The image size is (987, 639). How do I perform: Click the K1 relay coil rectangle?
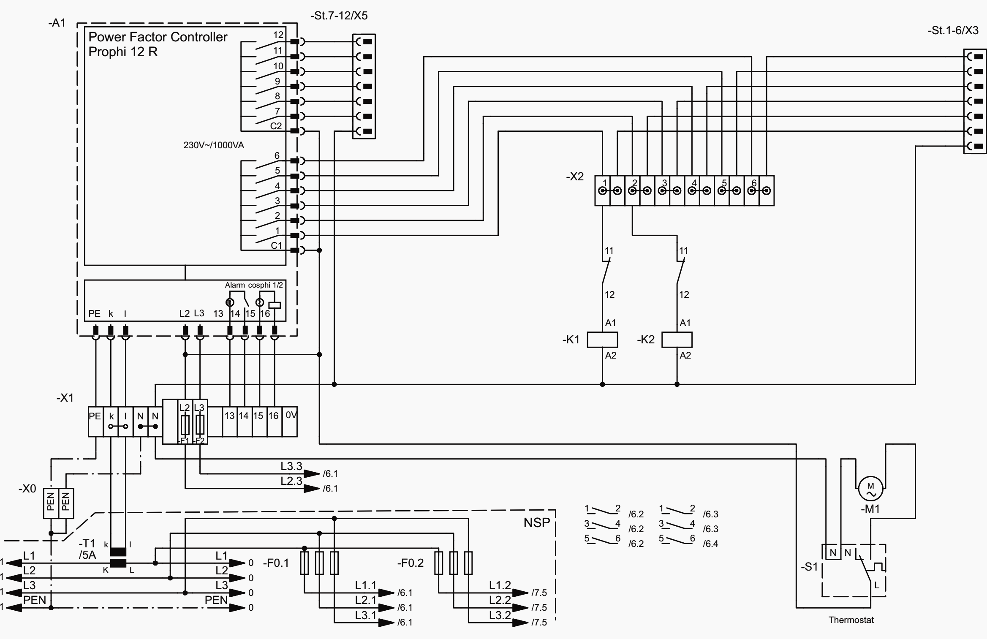[x=602, y=340]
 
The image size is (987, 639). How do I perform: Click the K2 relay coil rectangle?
[x=677, y=340]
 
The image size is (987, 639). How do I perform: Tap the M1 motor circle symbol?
[x=870, y=489]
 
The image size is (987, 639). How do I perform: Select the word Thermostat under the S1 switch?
[x=851, y=620]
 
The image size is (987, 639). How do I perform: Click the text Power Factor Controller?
[x=158, y=37]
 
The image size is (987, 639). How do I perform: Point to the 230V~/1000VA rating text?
[x=213, y=145]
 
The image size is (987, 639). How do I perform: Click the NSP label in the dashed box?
[x=536, y=523]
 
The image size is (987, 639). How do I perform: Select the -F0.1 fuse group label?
[x=276, y=563]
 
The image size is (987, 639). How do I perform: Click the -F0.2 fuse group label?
[x=410, y=563]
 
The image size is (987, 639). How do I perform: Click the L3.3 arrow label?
[x=291, y=466]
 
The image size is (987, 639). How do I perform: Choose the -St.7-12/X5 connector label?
[x=339, y=16]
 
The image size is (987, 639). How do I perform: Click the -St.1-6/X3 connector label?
[x=953, y=31]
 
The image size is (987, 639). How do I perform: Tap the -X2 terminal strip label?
[x=575, y=177]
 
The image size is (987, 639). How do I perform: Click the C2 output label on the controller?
[x=276, y=126]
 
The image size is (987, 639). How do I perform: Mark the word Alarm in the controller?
[x=234, y=286]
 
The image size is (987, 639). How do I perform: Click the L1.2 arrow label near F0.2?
[x=500, y=586]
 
